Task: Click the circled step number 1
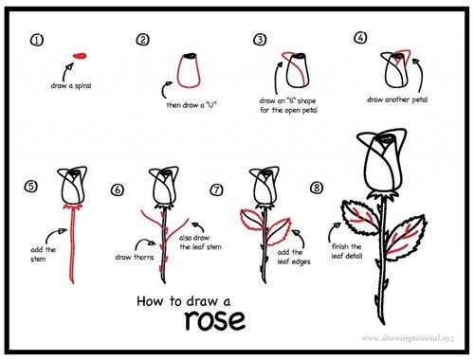tap(37, 41)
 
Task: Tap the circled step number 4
tap(359, 38)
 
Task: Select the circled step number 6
tap(118, 189)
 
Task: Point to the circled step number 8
tap(316, 189)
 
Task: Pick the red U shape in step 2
tap(189, 70)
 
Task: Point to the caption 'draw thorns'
tap(136, 257)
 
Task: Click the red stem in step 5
tap(70, 246)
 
